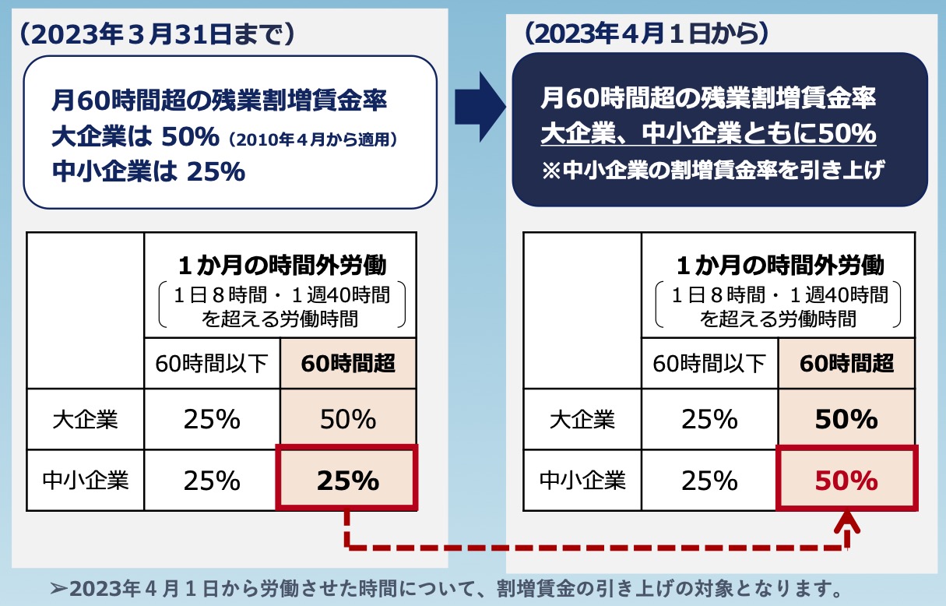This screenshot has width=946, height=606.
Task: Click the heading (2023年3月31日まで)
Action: point(156,33)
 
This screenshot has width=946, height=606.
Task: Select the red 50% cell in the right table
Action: point(846,481)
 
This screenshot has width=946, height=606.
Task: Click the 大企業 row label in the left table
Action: point(86,420)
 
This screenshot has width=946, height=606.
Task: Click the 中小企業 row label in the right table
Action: point(582,481)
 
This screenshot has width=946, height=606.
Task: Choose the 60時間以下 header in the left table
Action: point(212,363)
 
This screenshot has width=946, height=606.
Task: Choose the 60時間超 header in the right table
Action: point(846,363)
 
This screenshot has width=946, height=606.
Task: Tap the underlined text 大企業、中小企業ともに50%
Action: point(709,134)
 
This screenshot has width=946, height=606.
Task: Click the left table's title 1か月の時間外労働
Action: point(281,266)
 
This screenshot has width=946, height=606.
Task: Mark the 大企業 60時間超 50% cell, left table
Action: point(347,420)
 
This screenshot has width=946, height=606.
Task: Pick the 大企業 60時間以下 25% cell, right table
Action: point(709,420)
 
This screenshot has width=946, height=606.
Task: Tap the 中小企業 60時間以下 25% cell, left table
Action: point(212,481)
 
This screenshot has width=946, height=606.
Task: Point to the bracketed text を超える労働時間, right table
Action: point(778,318)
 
